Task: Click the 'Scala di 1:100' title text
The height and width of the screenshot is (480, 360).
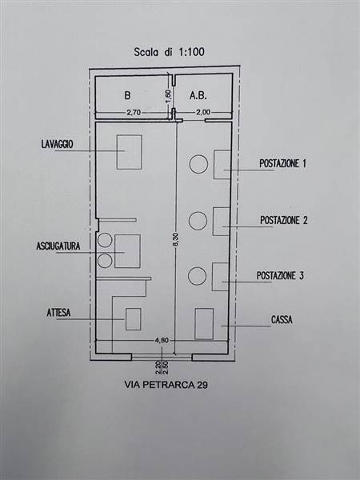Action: [169, 52]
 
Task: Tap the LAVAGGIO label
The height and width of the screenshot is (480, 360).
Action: [58, 144]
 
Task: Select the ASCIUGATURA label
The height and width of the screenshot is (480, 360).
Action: [58, 246]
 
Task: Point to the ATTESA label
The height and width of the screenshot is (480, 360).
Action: [58, 313]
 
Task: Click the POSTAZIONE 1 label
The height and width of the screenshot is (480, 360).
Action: [282, 163]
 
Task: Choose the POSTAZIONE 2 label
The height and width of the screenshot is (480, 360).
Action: [284, 220]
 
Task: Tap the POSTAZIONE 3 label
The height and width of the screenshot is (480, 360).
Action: [280, 276]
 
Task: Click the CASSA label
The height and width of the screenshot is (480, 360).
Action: [282, 320]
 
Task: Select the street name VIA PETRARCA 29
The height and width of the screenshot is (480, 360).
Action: [166, 385]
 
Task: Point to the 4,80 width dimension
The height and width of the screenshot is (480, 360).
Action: [162, 341]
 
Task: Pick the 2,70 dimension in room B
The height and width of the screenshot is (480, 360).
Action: [134, 112]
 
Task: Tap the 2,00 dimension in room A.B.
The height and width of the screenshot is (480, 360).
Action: [203, 112]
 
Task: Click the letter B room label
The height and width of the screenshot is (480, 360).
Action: [127, 95]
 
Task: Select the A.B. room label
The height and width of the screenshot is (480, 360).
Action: [198, 95]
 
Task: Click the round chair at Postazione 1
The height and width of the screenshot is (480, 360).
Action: [198, 164]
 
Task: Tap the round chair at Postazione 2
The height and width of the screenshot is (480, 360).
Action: [198, 221]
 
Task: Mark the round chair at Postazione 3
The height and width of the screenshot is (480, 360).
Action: [197, 276]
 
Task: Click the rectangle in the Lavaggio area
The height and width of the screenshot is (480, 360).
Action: [129, 152]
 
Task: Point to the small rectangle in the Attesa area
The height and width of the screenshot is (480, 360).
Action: [133, 319]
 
